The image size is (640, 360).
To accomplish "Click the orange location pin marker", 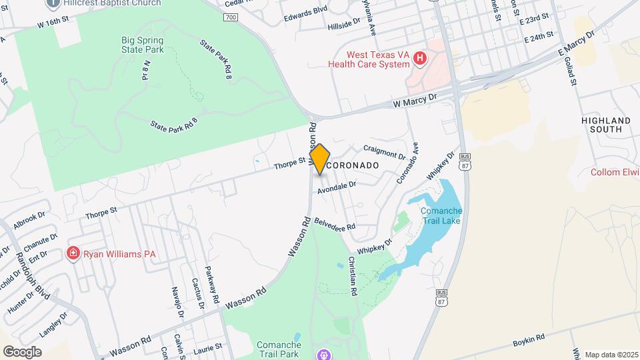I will click(x=320, y=159).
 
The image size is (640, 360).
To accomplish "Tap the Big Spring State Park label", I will click(x=143, y=45).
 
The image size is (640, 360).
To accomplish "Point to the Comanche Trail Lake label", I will click(x=440, y=215).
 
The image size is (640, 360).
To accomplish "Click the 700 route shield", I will click(x=231, y=16).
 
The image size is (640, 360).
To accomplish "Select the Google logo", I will click(x=21, y=351).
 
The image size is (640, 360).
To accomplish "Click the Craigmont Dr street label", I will click(x=384, y=150).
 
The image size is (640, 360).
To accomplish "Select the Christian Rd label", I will click(x=352, y=276).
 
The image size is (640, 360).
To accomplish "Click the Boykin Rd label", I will click(x=529, y=340).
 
